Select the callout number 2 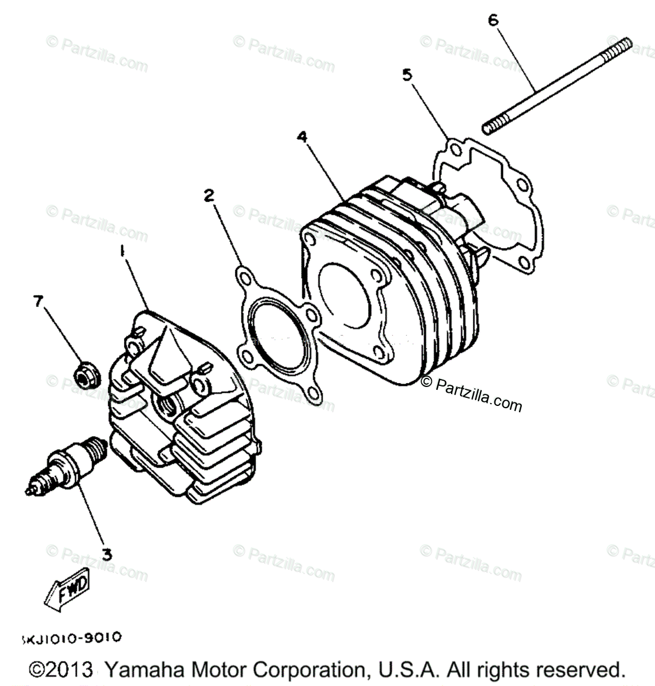pyautogui.click(x=209, y=196)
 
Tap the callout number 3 pyautogui.click(x=106, y=554)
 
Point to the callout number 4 pyautogui.click(x=302, y=137)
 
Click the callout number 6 pyautogui.click(x=493, y=20)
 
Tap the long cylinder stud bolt pyautogui.click(x=557, y=86)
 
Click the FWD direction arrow pyautogui.click(x=66, y=587)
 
